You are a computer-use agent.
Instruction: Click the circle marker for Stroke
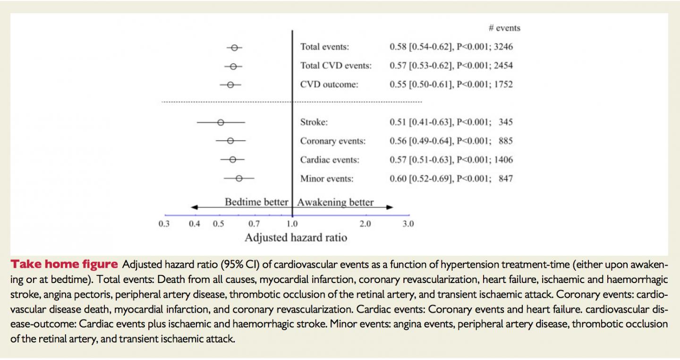point(221,122)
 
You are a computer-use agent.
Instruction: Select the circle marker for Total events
point(235,47)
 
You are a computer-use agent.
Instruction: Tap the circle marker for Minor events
point(239,178)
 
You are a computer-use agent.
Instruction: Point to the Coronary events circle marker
point(230,141)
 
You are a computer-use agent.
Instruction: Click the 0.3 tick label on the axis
point(164,224)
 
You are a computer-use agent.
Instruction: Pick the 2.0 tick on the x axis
point(365,224)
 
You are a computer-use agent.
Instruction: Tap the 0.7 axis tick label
point(254,224)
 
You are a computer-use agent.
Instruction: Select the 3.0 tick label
point(408,224)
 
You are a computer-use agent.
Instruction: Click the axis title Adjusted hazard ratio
point(296,238)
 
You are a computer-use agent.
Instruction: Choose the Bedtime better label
point(256,202)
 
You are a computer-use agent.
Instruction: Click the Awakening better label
point(335,202)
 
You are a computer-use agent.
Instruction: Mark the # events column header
point(504,28)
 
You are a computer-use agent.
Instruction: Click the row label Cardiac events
point(330,160)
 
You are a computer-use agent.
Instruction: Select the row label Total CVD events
point(336,66)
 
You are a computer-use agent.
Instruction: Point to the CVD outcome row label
point(329,85)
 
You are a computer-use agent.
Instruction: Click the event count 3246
point(503,47)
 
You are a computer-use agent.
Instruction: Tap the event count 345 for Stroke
point(505,122)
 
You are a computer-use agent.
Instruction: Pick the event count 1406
point(503,160)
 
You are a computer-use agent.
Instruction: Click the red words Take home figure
point(64,264)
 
